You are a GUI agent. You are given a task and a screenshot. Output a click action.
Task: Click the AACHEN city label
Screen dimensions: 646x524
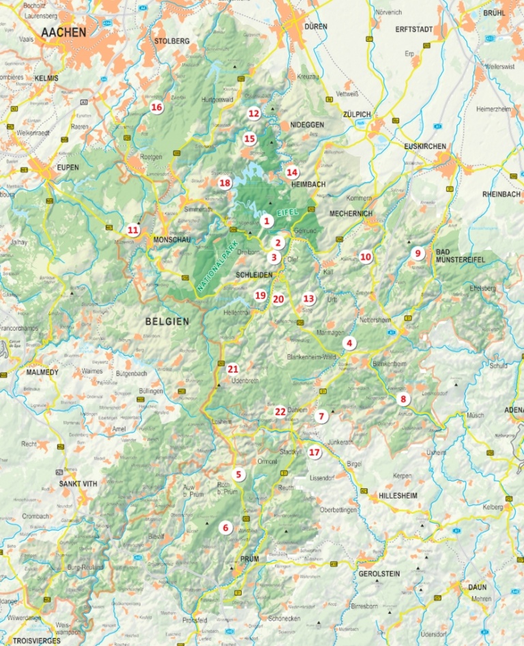[x=63, y=32]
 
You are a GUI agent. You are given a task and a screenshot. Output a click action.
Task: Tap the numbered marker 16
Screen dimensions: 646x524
[x=157, y=107]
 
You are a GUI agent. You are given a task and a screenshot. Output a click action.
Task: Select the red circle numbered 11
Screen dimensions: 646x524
[x=133, y=230]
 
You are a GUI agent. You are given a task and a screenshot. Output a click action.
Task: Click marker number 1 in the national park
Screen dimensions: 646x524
[x=267, y=221]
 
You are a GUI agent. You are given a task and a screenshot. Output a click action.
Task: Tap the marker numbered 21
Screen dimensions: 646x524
[x=233, y=369]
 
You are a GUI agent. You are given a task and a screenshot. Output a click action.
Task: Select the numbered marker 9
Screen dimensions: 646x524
[x=418, y=253]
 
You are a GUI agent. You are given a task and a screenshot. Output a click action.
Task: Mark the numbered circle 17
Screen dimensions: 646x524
[x=313, y=452]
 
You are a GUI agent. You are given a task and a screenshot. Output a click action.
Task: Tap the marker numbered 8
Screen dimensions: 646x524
[x=403, y=399]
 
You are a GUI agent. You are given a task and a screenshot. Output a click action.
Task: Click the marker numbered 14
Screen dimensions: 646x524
[x=292, y=172]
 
